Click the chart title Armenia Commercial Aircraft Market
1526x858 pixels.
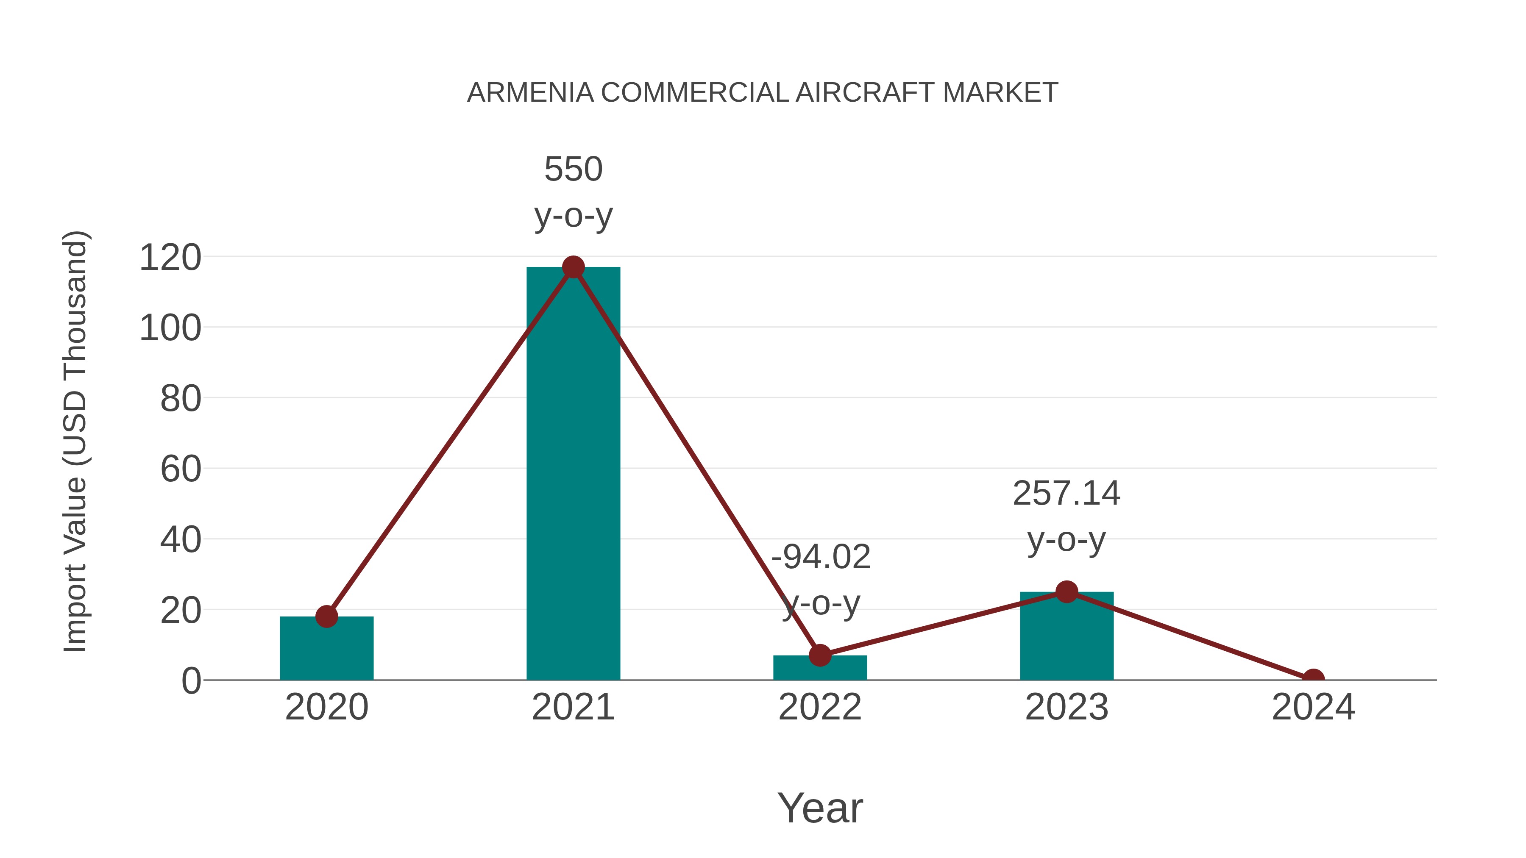(763, 93)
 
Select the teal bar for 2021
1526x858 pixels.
(573, 474)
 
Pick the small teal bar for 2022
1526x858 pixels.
(820, 669)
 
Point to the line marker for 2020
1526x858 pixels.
(326, 616)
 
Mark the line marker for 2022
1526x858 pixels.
(820, 655)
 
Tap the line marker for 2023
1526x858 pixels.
(1067, 591)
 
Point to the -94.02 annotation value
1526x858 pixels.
(821, 557)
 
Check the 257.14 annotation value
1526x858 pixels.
(1067, 493)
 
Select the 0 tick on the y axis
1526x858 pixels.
(191, 681)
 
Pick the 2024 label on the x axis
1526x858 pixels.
(1313, 708)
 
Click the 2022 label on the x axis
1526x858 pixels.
(820, 708)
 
